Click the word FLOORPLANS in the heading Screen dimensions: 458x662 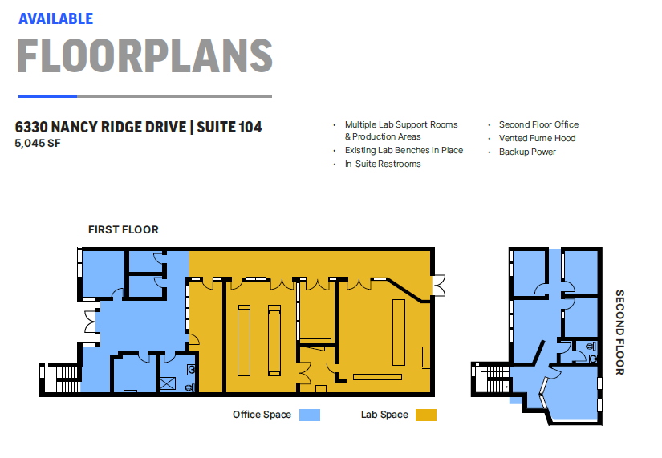click(144, 55)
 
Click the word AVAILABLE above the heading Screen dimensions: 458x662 click(56, 18)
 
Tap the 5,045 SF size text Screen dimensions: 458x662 click(38, 144)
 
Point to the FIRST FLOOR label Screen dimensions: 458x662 click(123, 229)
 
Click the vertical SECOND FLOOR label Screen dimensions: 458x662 click(619, 332)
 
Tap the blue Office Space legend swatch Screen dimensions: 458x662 click(309, 415)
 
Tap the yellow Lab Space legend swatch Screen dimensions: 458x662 click(425, 415)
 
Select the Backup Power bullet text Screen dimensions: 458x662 click(527, 152)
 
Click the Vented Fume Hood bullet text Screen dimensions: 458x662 click(537, 138)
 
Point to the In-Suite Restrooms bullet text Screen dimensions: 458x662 click(383, 164)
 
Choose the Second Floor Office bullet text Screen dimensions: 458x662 click(538, 124)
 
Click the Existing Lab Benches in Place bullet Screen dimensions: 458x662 click(404, 150)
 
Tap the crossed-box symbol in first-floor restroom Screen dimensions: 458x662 click(169, 383)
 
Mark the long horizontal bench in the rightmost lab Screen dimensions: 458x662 click(377, 376)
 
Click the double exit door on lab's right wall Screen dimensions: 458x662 click(438, 285)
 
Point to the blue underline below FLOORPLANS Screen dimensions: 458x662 click(47, 96)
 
